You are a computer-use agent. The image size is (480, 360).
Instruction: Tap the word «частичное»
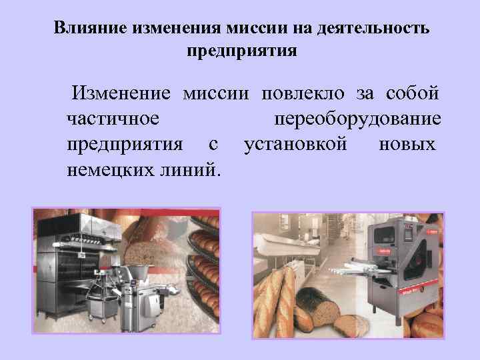point(113,119)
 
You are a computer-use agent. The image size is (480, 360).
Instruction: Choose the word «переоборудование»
point(357,119)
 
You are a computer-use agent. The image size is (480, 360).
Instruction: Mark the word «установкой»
point(295,144)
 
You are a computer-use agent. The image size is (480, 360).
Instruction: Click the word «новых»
point(407,144)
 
